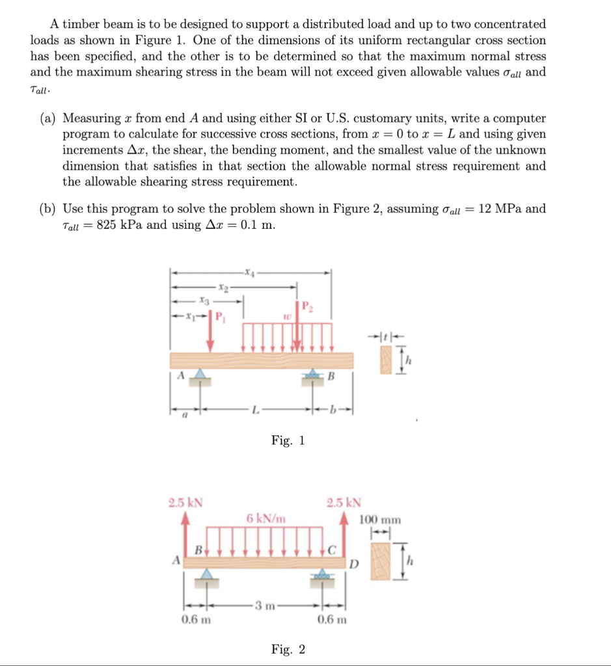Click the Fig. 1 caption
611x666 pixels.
tap(288, 441)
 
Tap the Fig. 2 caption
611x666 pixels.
tap(288, 649)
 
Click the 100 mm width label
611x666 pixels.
tap(380, 520)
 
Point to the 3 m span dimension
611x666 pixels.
tap(264, 607)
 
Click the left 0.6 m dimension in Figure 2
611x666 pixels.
tap(195, 619)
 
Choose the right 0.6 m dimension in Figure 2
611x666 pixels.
tap(332, 619)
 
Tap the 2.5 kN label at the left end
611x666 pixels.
tap(185, 503)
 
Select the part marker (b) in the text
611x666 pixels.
tap(47, 209)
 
